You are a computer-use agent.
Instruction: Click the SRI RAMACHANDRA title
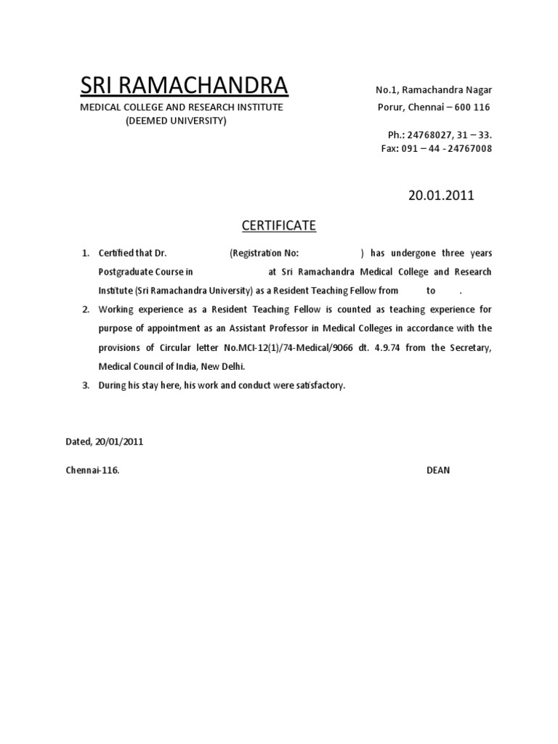(x=184, y=86)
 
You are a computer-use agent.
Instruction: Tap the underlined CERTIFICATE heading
(x=279, y=226)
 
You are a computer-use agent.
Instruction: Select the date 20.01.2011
(x=441, y=195)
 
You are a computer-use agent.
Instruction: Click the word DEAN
(x=438, y=470)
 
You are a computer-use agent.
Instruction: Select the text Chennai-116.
(x=92, y=470)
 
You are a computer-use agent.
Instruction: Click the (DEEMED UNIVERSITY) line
(x=176, y=121)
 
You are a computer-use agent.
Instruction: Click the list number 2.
(x=85, y=310)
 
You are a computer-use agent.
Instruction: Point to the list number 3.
(x=85, y=385)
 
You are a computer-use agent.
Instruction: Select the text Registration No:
(x=265, y=253)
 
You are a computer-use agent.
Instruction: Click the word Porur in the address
(x=388, y=108)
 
